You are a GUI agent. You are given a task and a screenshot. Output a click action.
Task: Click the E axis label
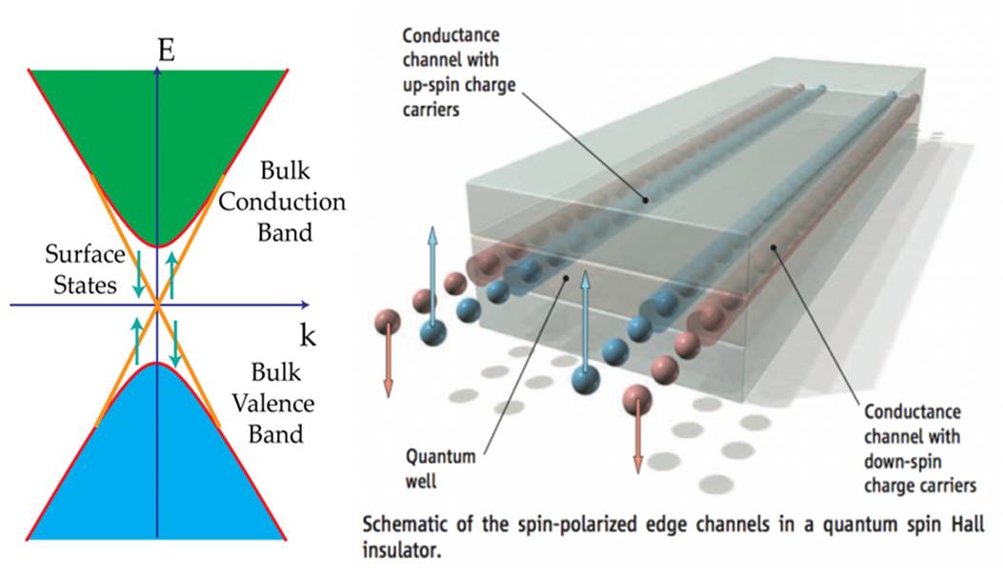point(167,49)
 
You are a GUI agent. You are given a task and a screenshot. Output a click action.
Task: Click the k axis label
point(308,334)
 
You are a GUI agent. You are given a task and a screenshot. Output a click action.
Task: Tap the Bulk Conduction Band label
point(282,202)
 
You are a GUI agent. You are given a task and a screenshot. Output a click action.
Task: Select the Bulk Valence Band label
point(273,404)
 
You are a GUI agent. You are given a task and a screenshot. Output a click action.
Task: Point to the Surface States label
point(85,269)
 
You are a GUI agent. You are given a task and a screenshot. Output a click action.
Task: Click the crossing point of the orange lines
point(157,305)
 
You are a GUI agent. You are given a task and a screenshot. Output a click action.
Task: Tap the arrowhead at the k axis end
point(305,305)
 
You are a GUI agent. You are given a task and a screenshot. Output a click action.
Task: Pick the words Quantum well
point(440,468)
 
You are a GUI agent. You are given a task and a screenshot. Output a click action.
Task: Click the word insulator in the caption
point(402,549)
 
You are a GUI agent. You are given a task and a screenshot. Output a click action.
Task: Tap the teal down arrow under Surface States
point(138,274)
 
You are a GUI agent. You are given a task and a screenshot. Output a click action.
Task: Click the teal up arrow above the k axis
point(171,274)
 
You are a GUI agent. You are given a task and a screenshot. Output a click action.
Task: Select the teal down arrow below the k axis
point(174,344)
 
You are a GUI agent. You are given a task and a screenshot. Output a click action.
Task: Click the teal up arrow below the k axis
point(136,341)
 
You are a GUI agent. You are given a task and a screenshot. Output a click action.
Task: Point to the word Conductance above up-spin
point(451,34)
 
